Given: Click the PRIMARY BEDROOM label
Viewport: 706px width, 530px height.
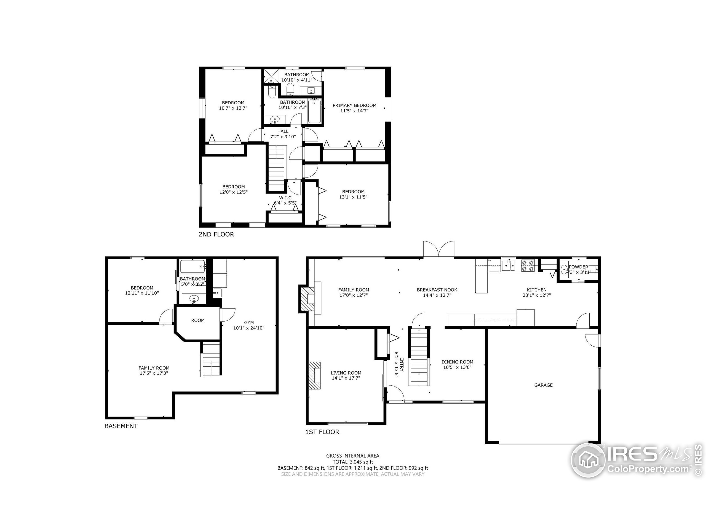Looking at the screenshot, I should (x=354, y=105).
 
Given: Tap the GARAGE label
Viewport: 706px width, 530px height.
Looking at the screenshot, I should (x=543, y=385).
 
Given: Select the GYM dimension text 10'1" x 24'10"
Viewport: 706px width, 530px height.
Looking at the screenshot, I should (x=249, y=328).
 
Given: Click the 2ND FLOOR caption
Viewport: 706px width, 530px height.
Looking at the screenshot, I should (x=216, y=234).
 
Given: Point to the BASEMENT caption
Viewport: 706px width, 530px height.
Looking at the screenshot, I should (x=121, y=426).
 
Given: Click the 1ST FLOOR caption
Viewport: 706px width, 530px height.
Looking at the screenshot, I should (x=322, y=432).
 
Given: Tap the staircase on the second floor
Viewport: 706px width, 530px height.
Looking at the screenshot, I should (x=276, y=168).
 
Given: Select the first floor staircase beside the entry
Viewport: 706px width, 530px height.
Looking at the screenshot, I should (x=418, y=357).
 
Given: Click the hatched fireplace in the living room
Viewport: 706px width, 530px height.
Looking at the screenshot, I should (x=314, y=375).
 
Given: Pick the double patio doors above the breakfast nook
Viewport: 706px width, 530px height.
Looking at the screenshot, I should (x=438, y=249).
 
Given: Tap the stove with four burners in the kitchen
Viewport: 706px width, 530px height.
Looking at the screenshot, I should (x=528, y=266).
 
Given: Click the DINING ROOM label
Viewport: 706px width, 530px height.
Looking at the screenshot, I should (x=457, y=362).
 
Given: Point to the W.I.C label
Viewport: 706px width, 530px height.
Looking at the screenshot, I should (x=285, y=198).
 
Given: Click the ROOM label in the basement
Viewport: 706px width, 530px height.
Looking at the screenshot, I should (x=197, y=320).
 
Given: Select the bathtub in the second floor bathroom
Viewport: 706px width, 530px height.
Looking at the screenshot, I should (x=314, y=111).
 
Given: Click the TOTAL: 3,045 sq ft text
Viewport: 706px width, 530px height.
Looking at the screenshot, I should (x=353, y=462).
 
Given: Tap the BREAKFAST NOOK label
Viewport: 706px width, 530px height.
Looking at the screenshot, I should (x=437, y=290).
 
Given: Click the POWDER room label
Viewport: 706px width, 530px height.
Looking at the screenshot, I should (x=578, y=267).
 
